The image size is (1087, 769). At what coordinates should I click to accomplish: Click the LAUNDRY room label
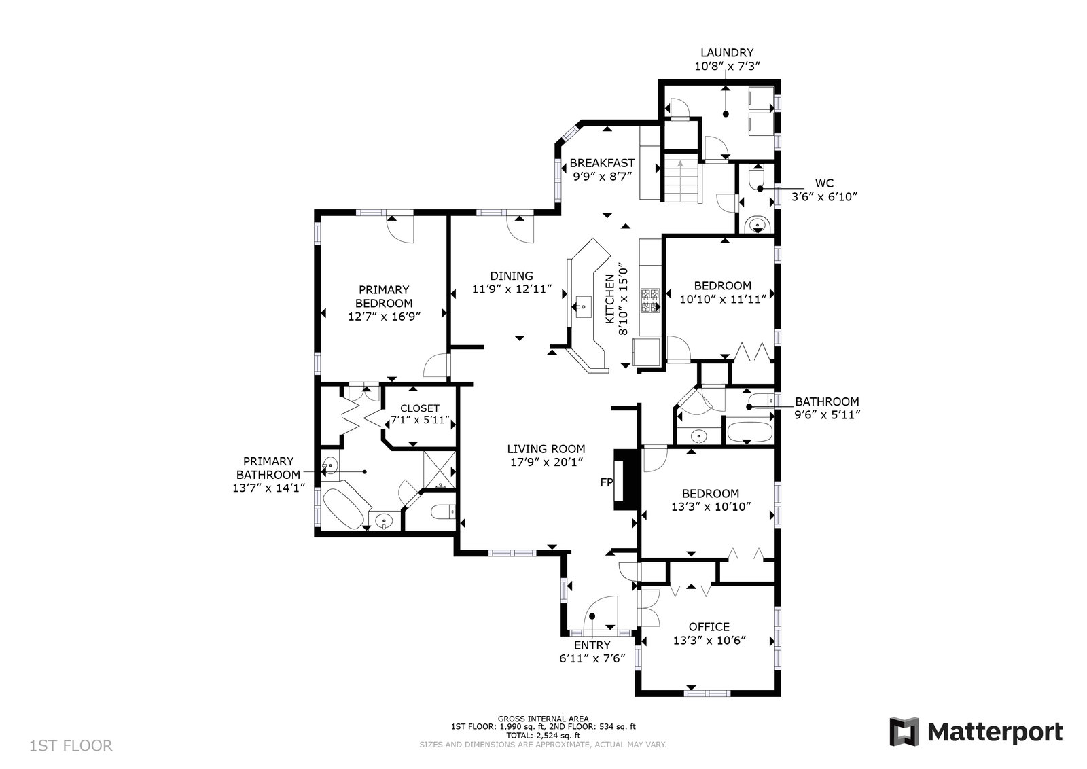[x=726, y=52]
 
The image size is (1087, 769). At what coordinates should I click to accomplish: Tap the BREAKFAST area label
[x=602, y=163]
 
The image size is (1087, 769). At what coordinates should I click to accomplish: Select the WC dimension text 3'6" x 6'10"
[x=825, y=196]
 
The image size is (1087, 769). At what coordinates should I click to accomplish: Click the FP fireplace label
[x=607, y=482]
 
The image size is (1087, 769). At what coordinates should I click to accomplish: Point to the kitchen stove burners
[x=651, y=301]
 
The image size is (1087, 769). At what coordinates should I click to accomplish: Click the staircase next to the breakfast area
[x=681, y=177]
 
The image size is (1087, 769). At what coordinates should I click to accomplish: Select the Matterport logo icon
[x=904, y=731]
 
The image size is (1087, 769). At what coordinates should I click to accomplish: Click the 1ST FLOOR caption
[x=71, y=746]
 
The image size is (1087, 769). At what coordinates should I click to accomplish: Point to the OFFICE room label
[x=709, y=627]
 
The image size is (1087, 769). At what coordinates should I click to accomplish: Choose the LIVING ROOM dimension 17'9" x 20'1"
[x=546, y=463]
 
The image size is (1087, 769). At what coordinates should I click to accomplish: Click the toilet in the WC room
[x=756, y=177]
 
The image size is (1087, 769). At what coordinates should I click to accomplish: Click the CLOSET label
[x=420, y=408]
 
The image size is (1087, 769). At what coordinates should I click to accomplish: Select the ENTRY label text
[x=592, y=645]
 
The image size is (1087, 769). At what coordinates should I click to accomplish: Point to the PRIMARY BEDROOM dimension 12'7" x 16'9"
[x=384, y=317]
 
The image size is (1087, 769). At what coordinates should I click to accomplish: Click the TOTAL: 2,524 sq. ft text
[x=543, y=736]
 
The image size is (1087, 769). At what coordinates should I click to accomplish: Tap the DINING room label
[x=512, y=276]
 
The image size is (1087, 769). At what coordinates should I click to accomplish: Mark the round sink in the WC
[x=757, y=225]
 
